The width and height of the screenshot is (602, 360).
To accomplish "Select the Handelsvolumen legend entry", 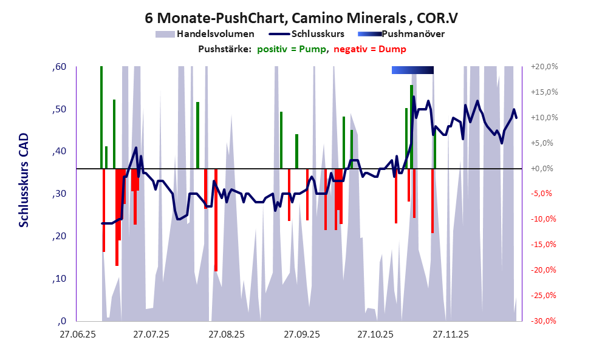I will tap(214, 34).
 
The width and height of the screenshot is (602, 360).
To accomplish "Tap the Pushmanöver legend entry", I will tap(412, 34).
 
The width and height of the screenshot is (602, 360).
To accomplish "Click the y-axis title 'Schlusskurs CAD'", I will tap(24, 180).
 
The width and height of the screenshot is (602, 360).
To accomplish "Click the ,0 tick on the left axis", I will tap(61, 321).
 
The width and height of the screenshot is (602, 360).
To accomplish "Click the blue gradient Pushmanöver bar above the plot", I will tap(412, 70).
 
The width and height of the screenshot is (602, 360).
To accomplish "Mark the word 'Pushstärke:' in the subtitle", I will tap(224, 49).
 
